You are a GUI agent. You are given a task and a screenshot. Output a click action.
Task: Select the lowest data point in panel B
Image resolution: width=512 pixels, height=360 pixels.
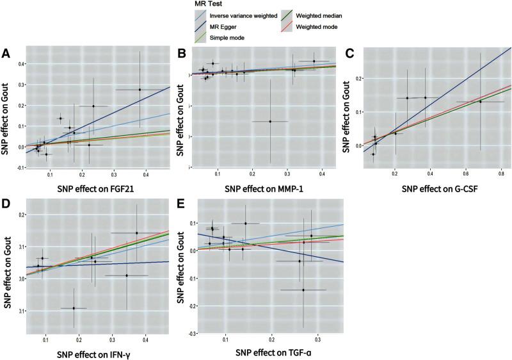click(x=270, y=121)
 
